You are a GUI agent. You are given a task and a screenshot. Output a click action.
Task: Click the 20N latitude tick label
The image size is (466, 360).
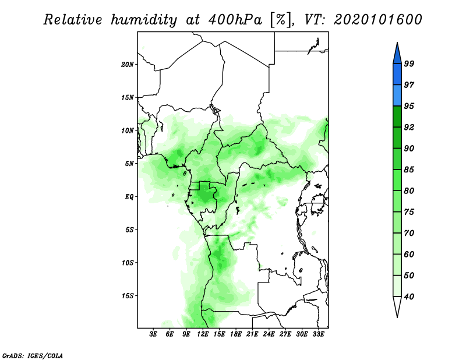127,64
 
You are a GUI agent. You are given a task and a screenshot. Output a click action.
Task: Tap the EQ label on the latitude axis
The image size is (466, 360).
129,196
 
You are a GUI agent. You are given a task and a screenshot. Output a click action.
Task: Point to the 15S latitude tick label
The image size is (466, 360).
127,296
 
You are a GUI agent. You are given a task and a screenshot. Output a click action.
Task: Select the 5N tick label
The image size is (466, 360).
129,164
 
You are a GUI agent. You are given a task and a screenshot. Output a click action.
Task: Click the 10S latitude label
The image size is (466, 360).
127,263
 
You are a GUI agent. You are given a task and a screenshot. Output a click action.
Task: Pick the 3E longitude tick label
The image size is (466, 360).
153,334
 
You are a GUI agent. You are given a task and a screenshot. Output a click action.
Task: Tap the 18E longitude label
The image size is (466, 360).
236,334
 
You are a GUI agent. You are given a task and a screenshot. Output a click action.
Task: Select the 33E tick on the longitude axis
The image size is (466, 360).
318,334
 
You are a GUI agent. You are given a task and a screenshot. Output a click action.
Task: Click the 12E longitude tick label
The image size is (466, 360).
203,334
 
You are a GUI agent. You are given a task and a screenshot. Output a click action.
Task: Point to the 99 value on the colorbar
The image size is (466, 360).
409,63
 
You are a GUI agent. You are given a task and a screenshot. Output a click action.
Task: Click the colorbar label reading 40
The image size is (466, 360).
409,297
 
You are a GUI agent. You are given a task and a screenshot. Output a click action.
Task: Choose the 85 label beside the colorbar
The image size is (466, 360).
409,170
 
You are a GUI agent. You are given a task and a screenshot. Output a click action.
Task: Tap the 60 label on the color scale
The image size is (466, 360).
409,254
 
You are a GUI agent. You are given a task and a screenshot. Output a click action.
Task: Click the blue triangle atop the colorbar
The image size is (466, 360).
397,55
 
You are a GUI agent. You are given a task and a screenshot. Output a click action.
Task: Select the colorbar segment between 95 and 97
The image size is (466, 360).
397,96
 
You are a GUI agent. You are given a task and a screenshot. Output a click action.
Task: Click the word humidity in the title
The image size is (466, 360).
144,20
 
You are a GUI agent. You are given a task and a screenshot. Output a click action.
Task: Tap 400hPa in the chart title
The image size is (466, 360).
235,20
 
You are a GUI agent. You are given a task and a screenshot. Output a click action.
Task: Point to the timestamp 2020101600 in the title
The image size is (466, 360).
377,20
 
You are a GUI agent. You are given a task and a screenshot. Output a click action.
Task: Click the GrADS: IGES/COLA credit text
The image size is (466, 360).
33,355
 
